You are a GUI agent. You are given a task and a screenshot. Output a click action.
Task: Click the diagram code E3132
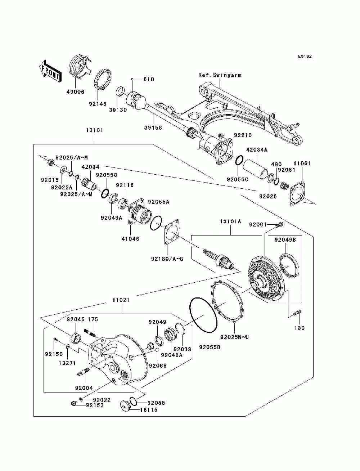click(305, 57)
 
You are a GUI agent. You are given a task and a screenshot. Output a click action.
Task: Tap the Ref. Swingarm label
click(220, 75)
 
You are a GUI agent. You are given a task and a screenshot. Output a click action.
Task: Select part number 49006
click(75, 92)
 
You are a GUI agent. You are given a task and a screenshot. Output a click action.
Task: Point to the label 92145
click(98, 104)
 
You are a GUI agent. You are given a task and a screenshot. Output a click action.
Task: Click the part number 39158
click(153, 127)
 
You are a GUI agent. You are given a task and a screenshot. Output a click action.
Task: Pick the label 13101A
click(230, 221)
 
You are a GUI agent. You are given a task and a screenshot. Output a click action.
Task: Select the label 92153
click(94, 405)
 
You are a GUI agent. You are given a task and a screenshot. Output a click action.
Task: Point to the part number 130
click(300, 328)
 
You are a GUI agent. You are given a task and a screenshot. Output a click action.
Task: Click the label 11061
click(302, 163)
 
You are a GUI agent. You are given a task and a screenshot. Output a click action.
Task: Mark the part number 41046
click(130, 239)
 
